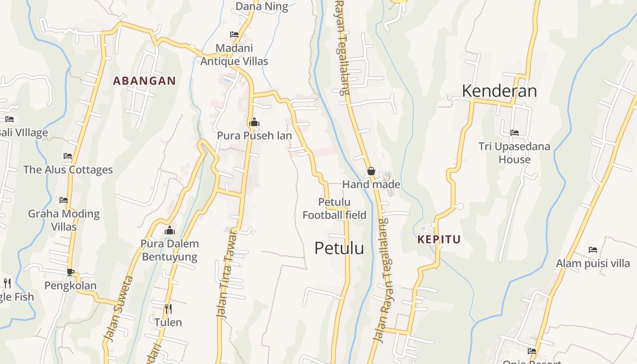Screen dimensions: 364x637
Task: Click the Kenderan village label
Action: (499, 91)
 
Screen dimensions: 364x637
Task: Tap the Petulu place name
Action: (339, 248)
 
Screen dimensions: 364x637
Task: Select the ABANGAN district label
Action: (144, 81)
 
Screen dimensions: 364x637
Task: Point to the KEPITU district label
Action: (439, 239)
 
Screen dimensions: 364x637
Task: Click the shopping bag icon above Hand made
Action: (371, 171)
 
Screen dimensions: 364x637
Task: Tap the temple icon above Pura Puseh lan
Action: (254, 122)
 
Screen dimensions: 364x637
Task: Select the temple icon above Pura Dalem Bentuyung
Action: (170, 230)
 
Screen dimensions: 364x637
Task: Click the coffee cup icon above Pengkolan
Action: (70, 272)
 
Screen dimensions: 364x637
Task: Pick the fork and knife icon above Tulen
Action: (168, 309)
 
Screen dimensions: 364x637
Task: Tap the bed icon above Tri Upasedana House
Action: (514, 133)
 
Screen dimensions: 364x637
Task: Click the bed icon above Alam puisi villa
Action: (592, 249)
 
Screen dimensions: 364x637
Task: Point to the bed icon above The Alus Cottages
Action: (68, 156)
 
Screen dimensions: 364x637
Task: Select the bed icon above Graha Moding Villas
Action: (64, 200)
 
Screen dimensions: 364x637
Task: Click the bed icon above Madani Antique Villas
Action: (234, 35)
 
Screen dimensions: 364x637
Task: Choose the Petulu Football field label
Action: (334, 208)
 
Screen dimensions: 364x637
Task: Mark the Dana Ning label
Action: (262, 6)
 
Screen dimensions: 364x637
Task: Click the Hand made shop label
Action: (371, 184)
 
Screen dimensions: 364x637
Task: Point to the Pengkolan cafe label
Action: (70, 286)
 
